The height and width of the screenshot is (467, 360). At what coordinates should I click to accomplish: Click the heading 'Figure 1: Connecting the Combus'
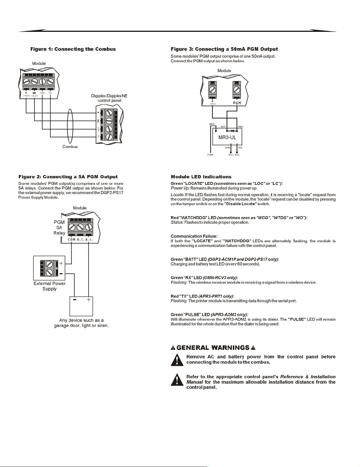(x=73, y=49)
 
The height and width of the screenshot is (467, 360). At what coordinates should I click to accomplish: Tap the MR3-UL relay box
(x=227, y=137)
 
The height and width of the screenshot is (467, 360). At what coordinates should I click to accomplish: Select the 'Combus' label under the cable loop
(x=70, y=147)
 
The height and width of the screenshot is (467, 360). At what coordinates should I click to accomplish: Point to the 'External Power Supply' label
(x=49, y=286)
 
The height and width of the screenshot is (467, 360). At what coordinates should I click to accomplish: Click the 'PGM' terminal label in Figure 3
(x=237, y=103)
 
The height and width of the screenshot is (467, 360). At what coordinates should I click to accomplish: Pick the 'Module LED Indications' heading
(x=201, y=177)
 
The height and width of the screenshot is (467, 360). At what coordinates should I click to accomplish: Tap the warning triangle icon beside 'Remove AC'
(x=177, y=360)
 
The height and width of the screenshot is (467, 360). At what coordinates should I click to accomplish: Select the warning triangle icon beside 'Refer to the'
(x=177, y=380)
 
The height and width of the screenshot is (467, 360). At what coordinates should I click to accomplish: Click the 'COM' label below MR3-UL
(x=210, y=155)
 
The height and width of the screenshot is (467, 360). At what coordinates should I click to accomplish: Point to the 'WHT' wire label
(x=212, y=124)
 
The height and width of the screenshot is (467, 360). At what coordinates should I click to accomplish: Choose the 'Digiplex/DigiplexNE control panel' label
(x=109, y=98)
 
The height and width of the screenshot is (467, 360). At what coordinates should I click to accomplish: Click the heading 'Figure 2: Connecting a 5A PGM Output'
(x=68, y=177)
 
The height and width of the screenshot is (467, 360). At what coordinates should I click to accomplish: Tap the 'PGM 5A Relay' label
(x=59, y=227)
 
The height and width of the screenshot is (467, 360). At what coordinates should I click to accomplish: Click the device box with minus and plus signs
(x=81, y=306)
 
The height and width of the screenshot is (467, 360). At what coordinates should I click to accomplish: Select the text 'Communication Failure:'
(x=194, y=236)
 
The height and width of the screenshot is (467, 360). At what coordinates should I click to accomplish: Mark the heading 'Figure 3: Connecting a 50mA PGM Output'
(x=224, y=49)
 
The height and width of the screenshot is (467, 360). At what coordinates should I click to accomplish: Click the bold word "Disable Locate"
(x=240, y=204)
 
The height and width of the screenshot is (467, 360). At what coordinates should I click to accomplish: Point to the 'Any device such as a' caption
(x=81, y=320)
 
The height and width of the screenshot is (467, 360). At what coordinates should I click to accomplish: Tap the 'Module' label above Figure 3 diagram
(x=224, y=71)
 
